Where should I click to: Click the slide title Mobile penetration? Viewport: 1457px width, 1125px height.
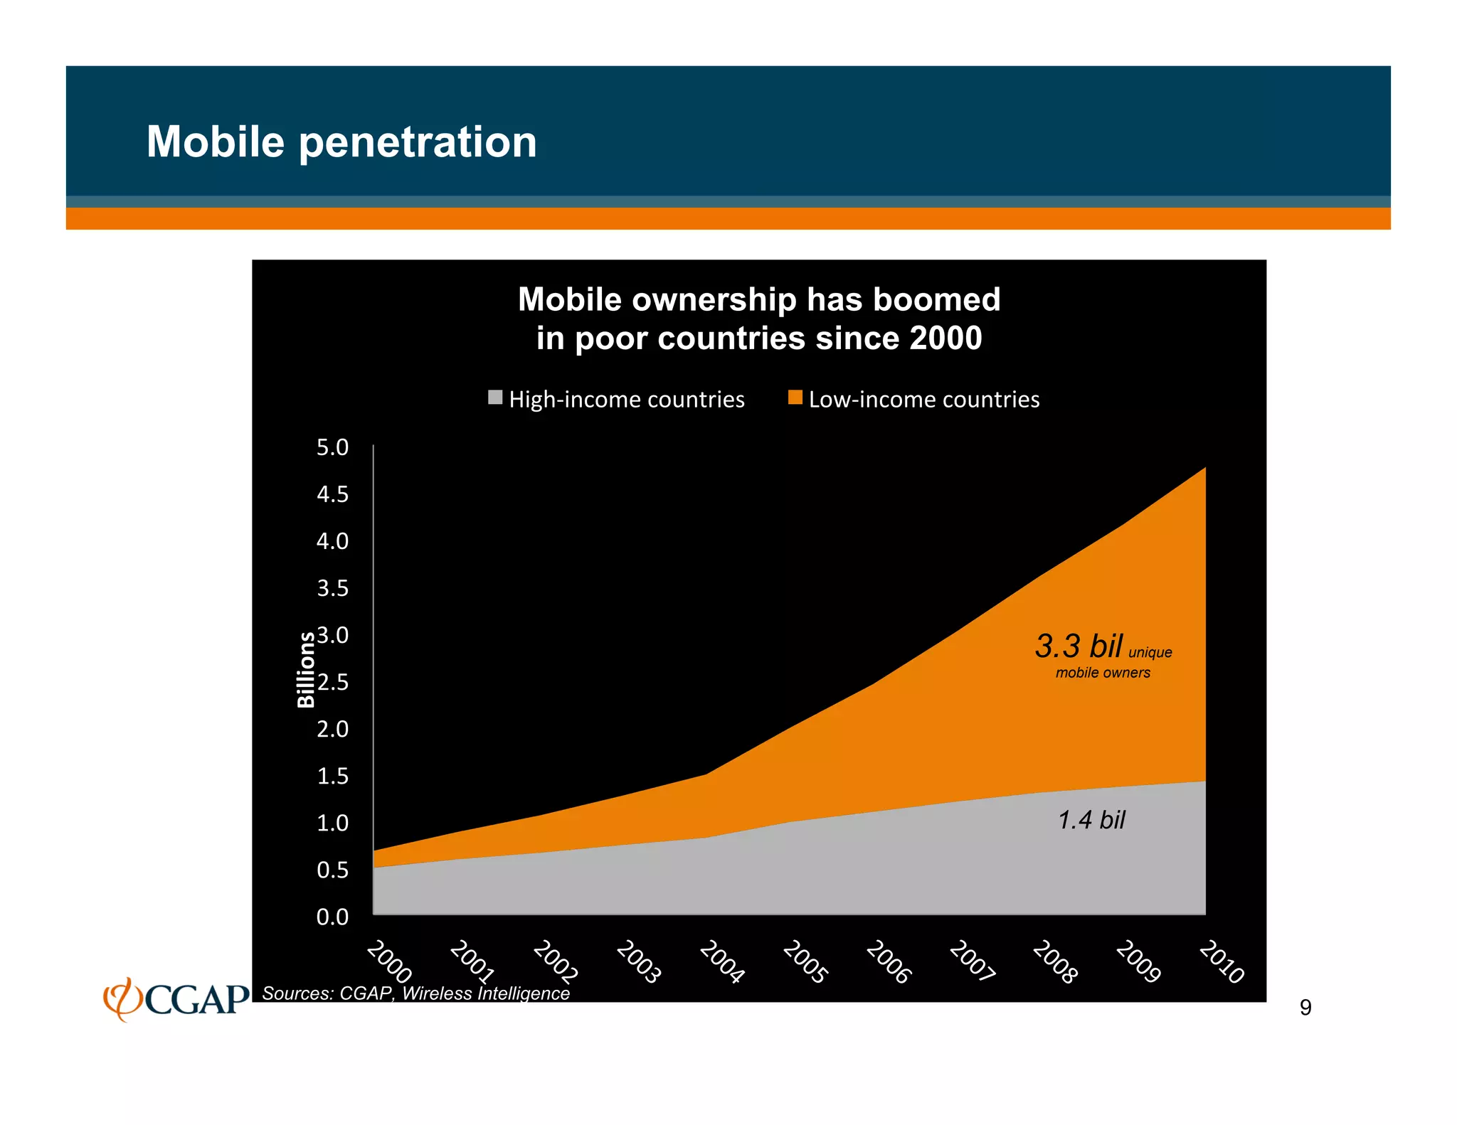341,142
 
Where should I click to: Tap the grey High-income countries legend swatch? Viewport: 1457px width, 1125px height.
495,398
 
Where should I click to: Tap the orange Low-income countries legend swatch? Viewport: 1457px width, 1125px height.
795,398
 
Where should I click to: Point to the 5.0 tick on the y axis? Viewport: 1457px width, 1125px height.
332,447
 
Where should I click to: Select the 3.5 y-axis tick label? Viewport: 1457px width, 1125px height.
332,588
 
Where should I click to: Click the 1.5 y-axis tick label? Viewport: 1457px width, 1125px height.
332,776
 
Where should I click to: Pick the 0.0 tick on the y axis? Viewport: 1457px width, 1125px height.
332,917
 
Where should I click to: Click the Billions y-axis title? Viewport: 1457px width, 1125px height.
305,669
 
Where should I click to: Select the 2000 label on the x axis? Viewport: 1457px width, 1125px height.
389,961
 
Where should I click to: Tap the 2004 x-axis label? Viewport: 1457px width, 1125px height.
722,961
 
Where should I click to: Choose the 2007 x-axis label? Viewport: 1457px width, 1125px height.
972,961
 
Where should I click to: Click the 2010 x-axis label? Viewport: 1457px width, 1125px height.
1222,961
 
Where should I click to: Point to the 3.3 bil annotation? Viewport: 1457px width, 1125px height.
1079,646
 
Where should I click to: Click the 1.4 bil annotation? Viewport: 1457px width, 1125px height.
1091,820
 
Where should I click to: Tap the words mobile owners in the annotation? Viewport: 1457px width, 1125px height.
1103,673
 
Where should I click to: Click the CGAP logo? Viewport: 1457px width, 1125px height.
176,998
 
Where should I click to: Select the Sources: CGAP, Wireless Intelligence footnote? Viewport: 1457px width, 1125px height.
415,993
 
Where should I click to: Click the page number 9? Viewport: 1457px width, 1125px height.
1305,1007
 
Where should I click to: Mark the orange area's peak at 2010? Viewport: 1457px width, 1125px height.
1204,469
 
